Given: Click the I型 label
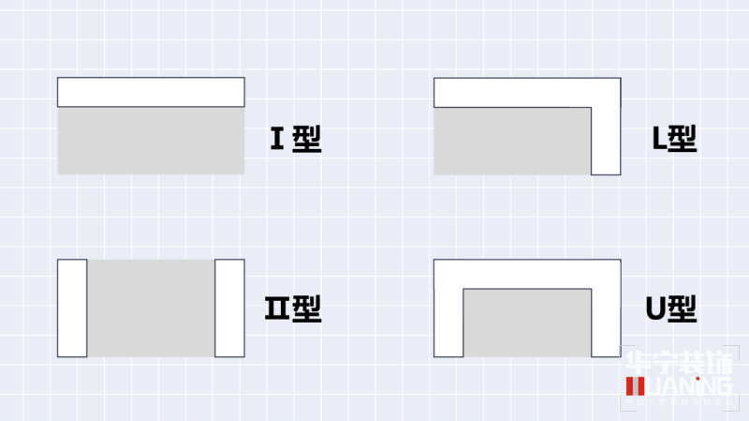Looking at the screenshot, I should pyautogui.click(x=296, y=140).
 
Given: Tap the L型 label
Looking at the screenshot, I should pyautogui.click(x=674, y=140).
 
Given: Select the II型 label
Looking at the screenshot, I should pyautogui.click(x=294, y=308).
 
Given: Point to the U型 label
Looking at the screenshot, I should pyautogui.click(x=672, y=308).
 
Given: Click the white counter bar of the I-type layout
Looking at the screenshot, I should pyautogui.click(x=151, y=92).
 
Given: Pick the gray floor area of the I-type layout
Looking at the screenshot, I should pyautogui.click(x=151, y=141).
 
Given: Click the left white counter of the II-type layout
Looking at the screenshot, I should pyautogui.click(x=72, y=308).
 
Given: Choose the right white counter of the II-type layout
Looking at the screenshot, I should pyautogui.click(x=229, y=308).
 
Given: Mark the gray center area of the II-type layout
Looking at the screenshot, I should pyautogui.click(x=151, y=308).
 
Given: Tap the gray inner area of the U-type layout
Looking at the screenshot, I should pyautogui.click(x=527, y=323).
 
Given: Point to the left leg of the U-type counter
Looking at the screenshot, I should pyautogui.click(x=448, y=319).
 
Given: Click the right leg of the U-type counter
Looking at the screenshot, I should pyautogui.click(x=606, y=319).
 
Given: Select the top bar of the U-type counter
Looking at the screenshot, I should pyautogui.click(x=527, y=273).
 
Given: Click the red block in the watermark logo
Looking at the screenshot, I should pyautogui.click(x=633, y=386).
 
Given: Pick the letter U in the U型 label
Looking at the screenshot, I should pyautogui.click(x=655, y=308).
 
